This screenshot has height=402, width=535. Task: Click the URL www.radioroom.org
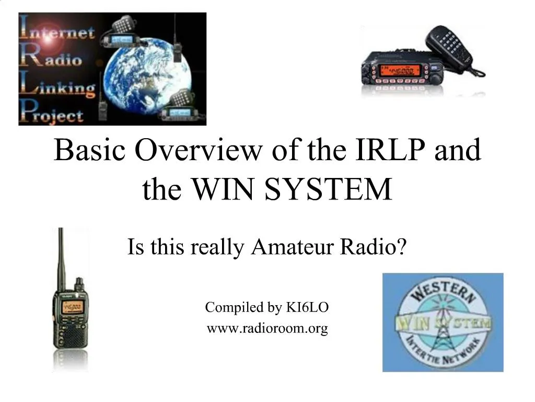pos(267,329)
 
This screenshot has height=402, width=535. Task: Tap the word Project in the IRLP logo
pos(52,114)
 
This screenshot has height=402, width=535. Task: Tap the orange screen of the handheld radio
pos(71,308)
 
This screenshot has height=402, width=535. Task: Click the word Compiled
pos(225,307)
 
